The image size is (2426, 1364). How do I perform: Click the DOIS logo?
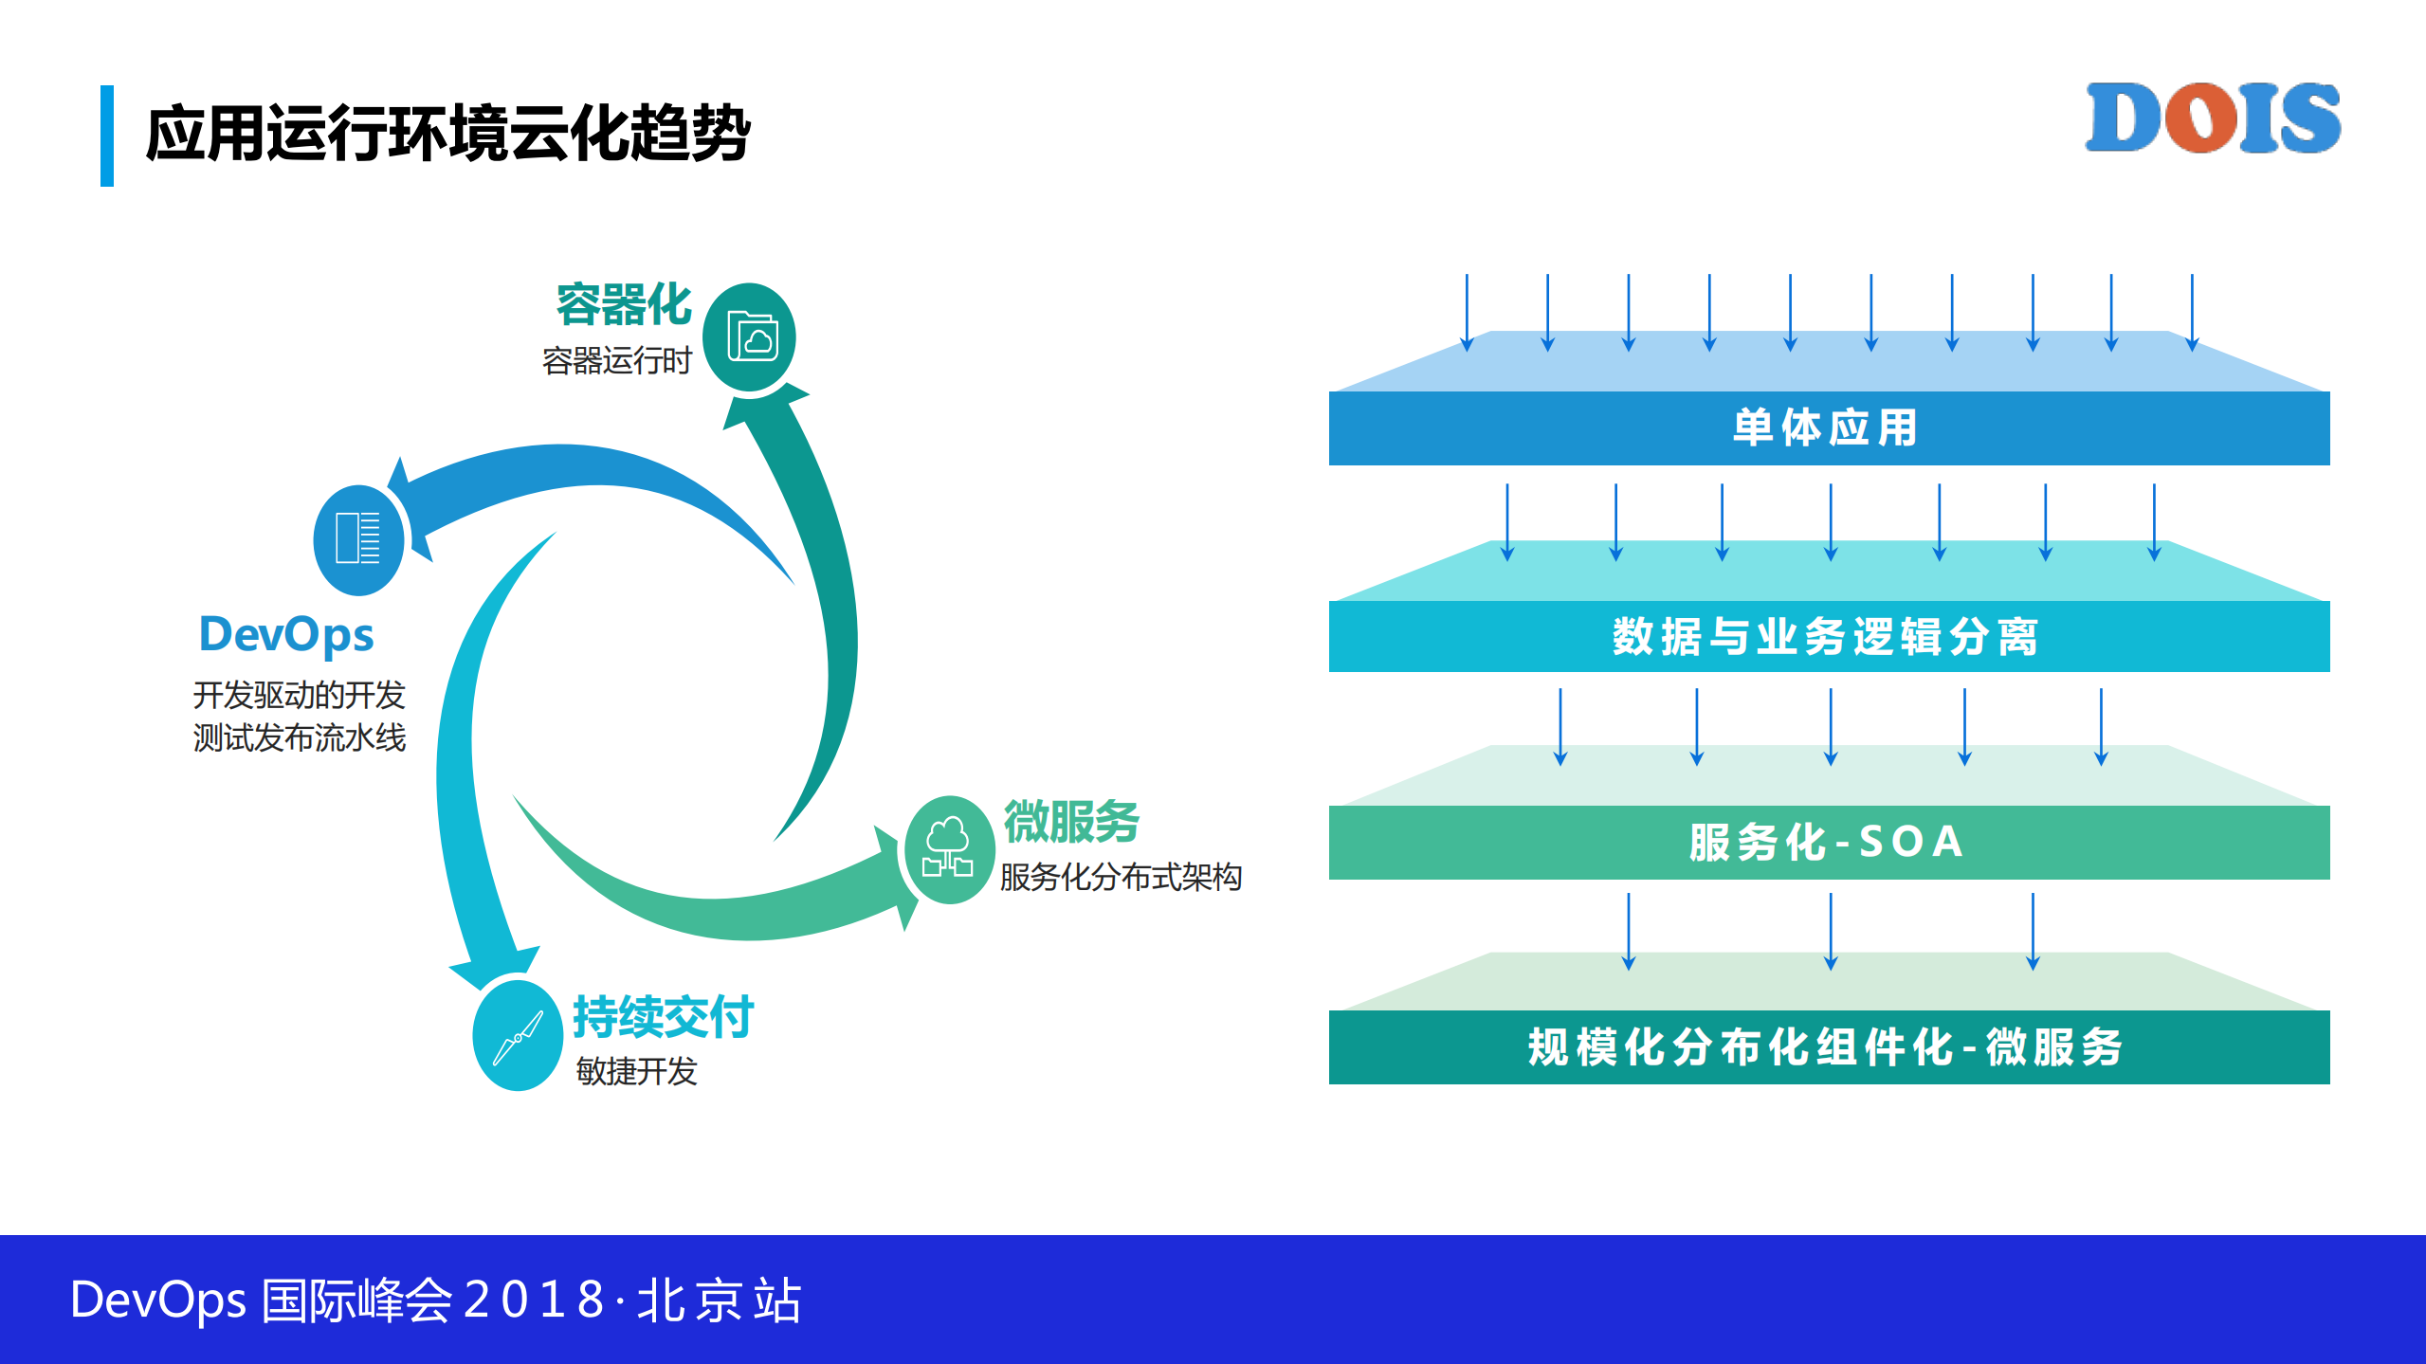(x=2212, y=118)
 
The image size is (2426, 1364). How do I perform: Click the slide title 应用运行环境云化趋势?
(x=447, y=135)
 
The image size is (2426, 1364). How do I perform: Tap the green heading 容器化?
(x=624, y=305)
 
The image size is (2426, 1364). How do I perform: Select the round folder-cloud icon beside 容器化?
(x=750, y=337)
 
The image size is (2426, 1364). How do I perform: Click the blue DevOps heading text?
(x=286, y=634)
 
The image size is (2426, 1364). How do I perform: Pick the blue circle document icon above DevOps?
(x=358, y=539)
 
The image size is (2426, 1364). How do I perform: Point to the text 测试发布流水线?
(x=300, y=737)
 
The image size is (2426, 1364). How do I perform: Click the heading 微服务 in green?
(x=1071, y=821)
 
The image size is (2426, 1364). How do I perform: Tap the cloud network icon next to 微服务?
(x=948, y=849)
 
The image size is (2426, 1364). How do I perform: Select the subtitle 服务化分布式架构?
(x=1121, y=877)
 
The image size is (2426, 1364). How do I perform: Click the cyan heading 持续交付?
(x=663, y=1017)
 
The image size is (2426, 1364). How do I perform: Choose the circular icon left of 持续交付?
(x=518, y=1036)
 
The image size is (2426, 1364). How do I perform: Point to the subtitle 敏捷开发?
(x=636, y=1071)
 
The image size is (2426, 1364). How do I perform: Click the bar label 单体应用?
(x=1827, y=427)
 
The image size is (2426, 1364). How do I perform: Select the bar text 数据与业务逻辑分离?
(x=1827, y=636)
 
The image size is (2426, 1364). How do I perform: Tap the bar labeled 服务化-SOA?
(x=1827, y=842)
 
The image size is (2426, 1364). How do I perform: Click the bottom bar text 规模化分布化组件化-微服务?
(x=1827, y=1047)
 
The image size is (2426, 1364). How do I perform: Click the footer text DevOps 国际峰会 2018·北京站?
(x=436, y=1300)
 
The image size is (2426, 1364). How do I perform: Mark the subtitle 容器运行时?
(x=617, y=361)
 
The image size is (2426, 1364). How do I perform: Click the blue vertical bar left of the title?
(x=107, y=136)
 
